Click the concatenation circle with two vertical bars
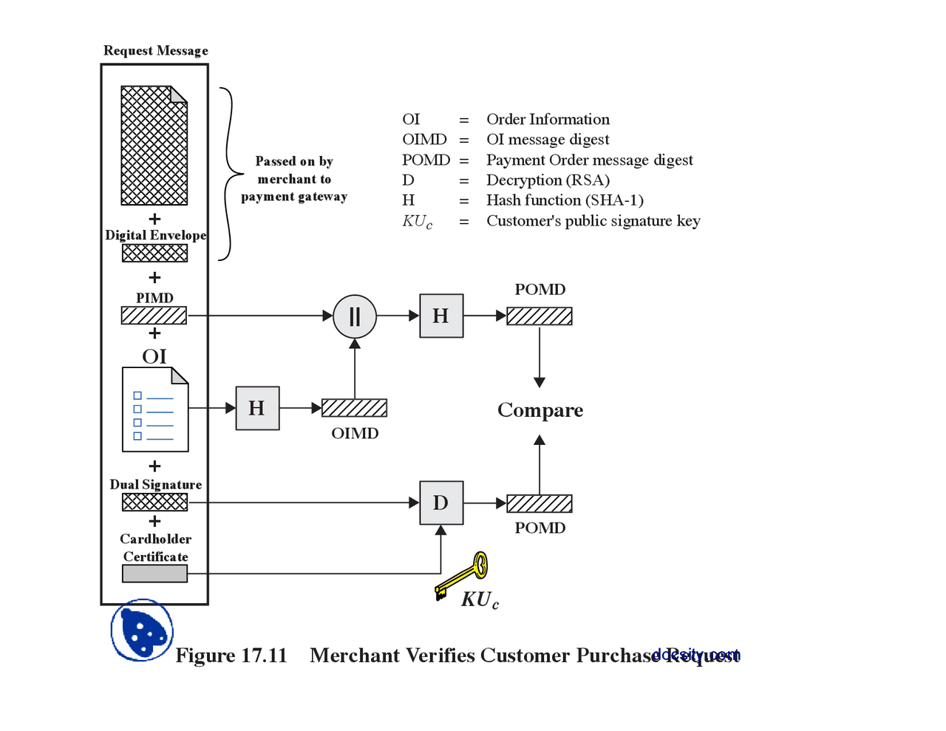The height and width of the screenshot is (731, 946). coord(355,316)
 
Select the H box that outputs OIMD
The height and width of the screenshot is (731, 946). coord(257,408)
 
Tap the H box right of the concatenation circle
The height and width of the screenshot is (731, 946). coord(441,316)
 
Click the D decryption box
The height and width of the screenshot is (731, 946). coord(441,503)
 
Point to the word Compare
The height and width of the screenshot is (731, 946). coord(540,410)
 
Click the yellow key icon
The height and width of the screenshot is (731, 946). coord(463,574)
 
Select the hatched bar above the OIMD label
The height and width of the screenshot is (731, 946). coord(355,408)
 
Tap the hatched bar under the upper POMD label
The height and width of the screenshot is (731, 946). coord(540,316)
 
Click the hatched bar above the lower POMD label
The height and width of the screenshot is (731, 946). coord(540,503)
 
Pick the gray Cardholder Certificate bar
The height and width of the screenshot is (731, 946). coord(154,574)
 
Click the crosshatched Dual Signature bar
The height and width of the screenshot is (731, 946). coord(154,503)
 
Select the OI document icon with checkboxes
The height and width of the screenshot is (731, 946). coord(155,409)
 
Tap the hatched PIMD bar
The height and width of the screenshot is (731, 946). coord(154,316)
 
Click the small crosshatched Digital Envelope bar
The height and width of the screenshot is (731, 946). coord(154,253)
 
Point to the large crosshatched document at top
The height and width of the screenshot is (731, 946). coord(154,146)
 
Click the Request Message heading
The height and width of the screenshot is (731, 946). coord(155,50)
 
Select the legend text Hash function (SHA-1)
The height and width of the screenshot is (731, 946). coord(565,200)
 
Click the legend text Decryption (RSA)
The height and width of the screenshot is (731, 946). coord(548,180)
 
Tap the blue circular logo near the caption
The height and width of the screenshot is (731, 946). coord(142,630)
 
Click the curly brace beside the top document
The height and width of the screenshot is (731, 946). coord(228,174)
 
